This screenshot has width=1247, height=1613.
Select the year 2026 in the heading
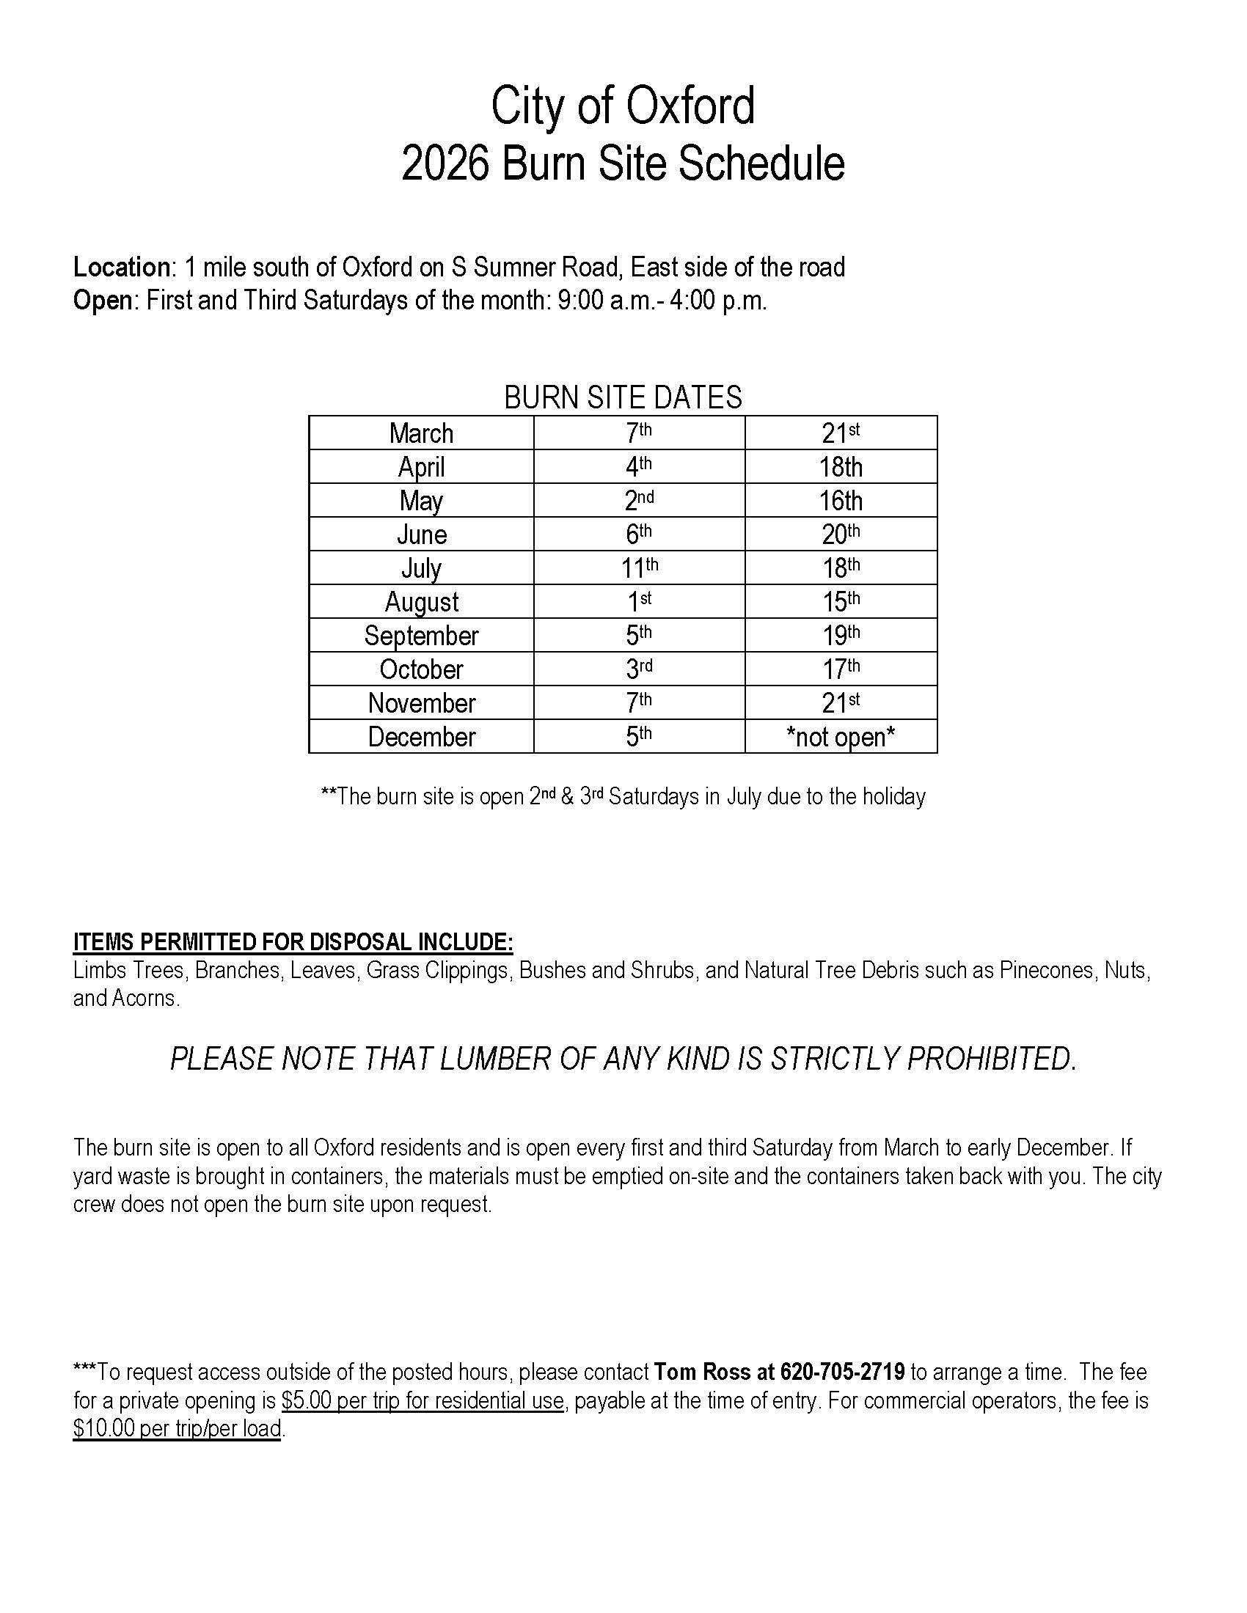pyautogui.click(x=445, y=163)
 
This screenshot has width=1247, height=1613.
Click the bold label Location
pyautogui.click(x=121, y=268)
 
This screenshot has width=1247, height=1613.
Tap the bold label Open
pyautogui.click(x=102, y=301)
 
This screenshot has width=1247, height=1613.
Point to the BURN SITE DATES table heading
pyautogui.click(x=623, y=398)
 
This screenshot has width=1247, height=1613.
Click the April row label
pyautogui.click(x=421, y=467)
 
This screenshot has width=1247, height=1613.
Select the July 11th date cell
pyautogui.click(x=639, y=568)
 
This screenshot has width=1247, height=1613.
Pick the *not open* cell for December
pyautogui.click(x=841, y=736)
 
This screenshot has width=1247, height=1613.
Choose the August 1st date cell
pyautogui.click(x=639, y=602)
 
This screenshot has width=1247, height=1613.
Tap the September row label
pyautogui.click(x=421, y=636)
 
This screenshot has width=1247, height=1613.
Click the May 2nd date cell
pyautogui.click(x=639, y=501)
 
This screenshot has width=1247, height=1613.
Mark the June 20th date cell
pyautogui.click(x=841, y=534)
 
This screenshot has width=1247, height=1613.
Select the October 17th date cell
pyautogui.click(x=841, y=669)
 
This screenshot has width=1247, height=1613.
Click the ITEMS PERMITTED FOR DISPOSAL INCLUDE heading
pyautogui.click(x=293, y=942)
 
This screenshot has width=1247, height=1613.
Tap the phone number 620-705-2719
pyautogui.click(x=842, y=1373)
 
